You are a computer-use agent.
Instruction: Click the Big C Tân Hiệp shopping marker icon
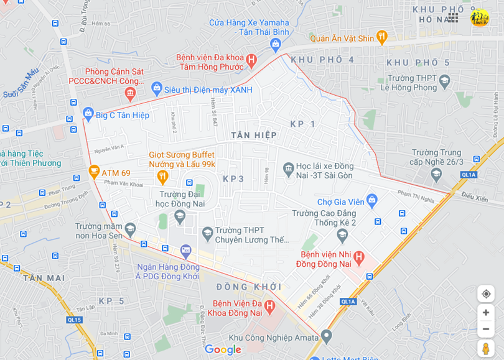[x=88, y=114]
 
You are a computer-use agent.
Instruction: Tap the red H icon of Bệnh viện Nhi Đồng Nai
[x=358, y=256]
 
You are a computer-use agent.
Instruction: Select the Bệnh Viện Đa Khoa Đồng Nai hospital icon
[x=269, y=306]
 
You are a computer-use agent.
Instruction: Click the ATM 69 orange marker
[x=94, y=171]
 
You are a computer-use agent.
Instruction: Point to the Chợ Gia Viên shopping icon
[x=372, y=200]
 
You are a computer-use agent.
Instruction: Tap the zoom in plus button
[x=486, y=312]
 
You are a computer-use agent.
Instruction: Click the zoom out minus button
[x=486, y=329]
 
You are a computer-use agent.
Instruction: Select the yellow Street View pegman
[x=486, y=348]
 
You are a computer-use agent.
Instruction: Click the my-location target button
[x=486, y=293]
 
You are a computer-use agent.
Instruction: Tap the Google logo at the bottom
[x=223, y=350]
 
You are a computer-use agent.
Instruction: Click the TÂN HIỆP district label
[x=254, y=135]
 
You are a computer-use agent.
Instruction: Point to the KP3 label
[x=233, y=179]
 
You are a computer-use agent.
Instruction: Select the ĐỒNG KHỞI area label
[x=249, y=287]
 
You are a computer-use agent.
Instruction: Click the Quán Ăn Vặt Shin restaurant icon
[x=382, y=37]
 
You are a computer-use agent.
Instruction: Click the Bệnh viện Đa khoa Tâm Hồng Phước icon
[x=251, y=60]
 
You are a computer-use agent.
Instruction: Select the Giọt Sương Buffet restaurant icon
[x=162, y=177]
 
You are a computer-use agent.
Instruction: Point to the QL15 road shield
[x=75, y=320]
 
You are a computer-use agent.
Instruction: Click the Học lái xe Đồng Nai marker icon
[x=288, y=168]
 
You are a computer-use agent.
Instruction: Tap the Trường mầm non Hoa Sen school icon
[x=130, y=229]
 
